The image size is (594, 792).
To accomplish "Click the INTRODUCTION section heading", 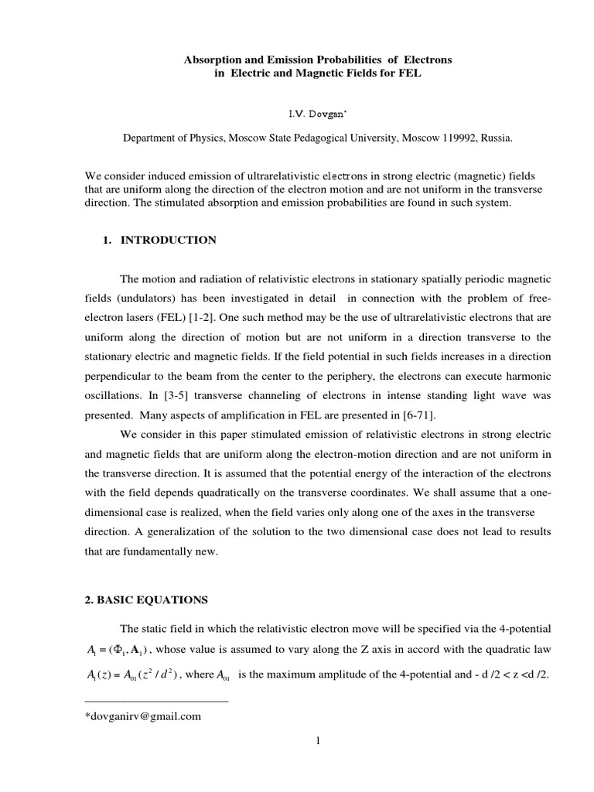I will [168, 240].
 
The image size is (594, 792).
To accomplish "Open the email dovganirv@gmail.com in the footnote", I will [144, 716].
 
